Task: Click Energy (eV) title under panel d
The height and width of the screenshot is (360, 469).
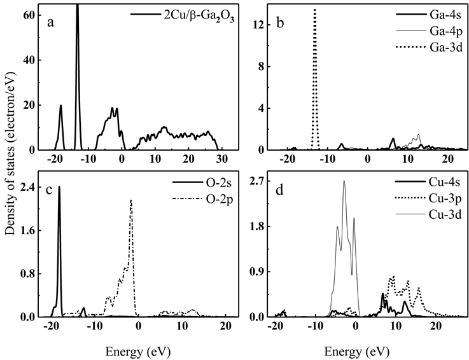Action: pyautogui.click(x=356, y=350)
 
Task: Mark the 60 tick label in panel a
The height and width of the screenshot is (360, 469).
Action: pyautogui.click(x=27, y=15)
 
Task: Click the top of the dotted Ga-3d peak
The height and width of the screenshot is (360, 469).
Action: pyautogui.click(x=314, y=10)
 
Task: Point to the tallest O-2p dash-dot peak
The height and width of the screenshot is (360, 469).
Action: pyautogui.click(x=130, y=200)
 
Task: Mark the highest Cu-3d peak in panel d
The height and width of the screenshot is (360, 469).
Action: pyautogui.click(x=344, y=181)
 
